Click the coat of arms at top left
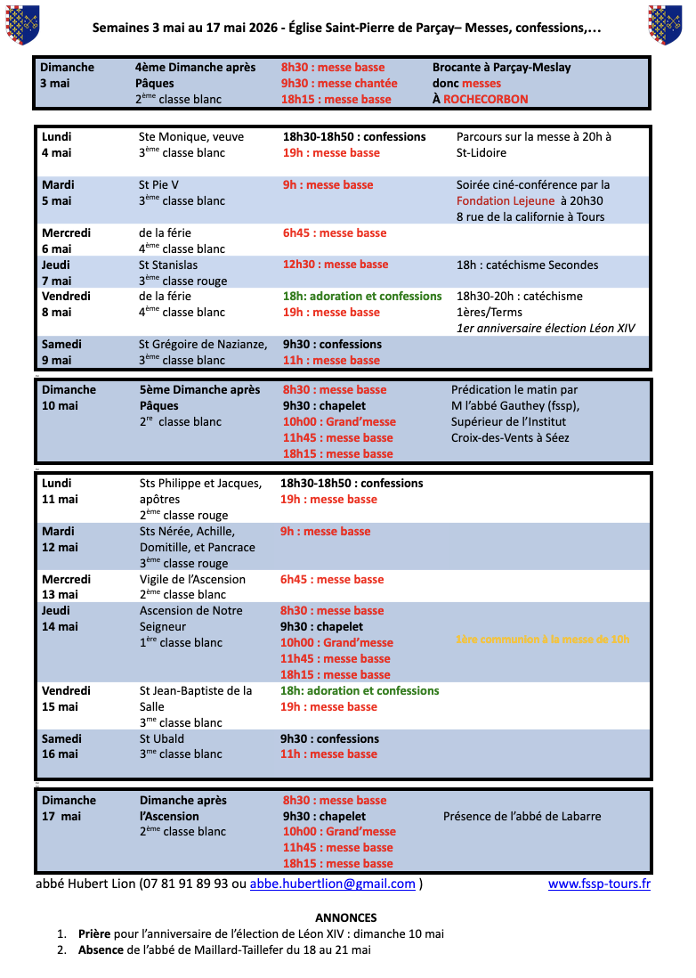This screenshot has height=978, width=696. (21, 24)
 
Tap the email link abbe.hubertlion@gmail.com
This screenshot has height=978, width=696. (332, 884)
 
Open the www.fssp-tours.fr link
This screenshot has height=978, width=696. (599, 884)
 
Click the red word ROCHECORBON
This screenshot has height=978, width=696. (485, 99)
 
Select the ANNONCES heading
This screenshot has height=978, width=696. (346, 917)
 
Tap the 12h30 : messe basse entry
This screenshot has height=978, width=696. (336, 265)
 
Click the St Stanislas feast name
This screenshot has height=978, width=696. (168, 265)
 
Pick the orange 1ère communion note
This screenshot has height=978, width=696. (542, 639)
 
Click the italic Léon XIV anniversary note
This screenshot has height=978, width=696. (546, 328)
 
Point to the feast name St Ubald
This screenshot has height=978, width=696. (162, 738)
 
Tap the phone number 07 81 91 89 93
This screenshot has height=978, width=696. (186, 884)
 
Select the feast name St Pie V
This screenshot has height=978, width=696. (159, 185)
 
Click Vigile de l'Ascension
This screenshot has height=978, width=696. (192, 579)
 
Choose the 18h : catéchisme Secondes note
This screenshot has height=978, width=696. (527, 265)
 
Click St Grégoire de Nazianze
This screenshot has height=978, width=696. (203, 344)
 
